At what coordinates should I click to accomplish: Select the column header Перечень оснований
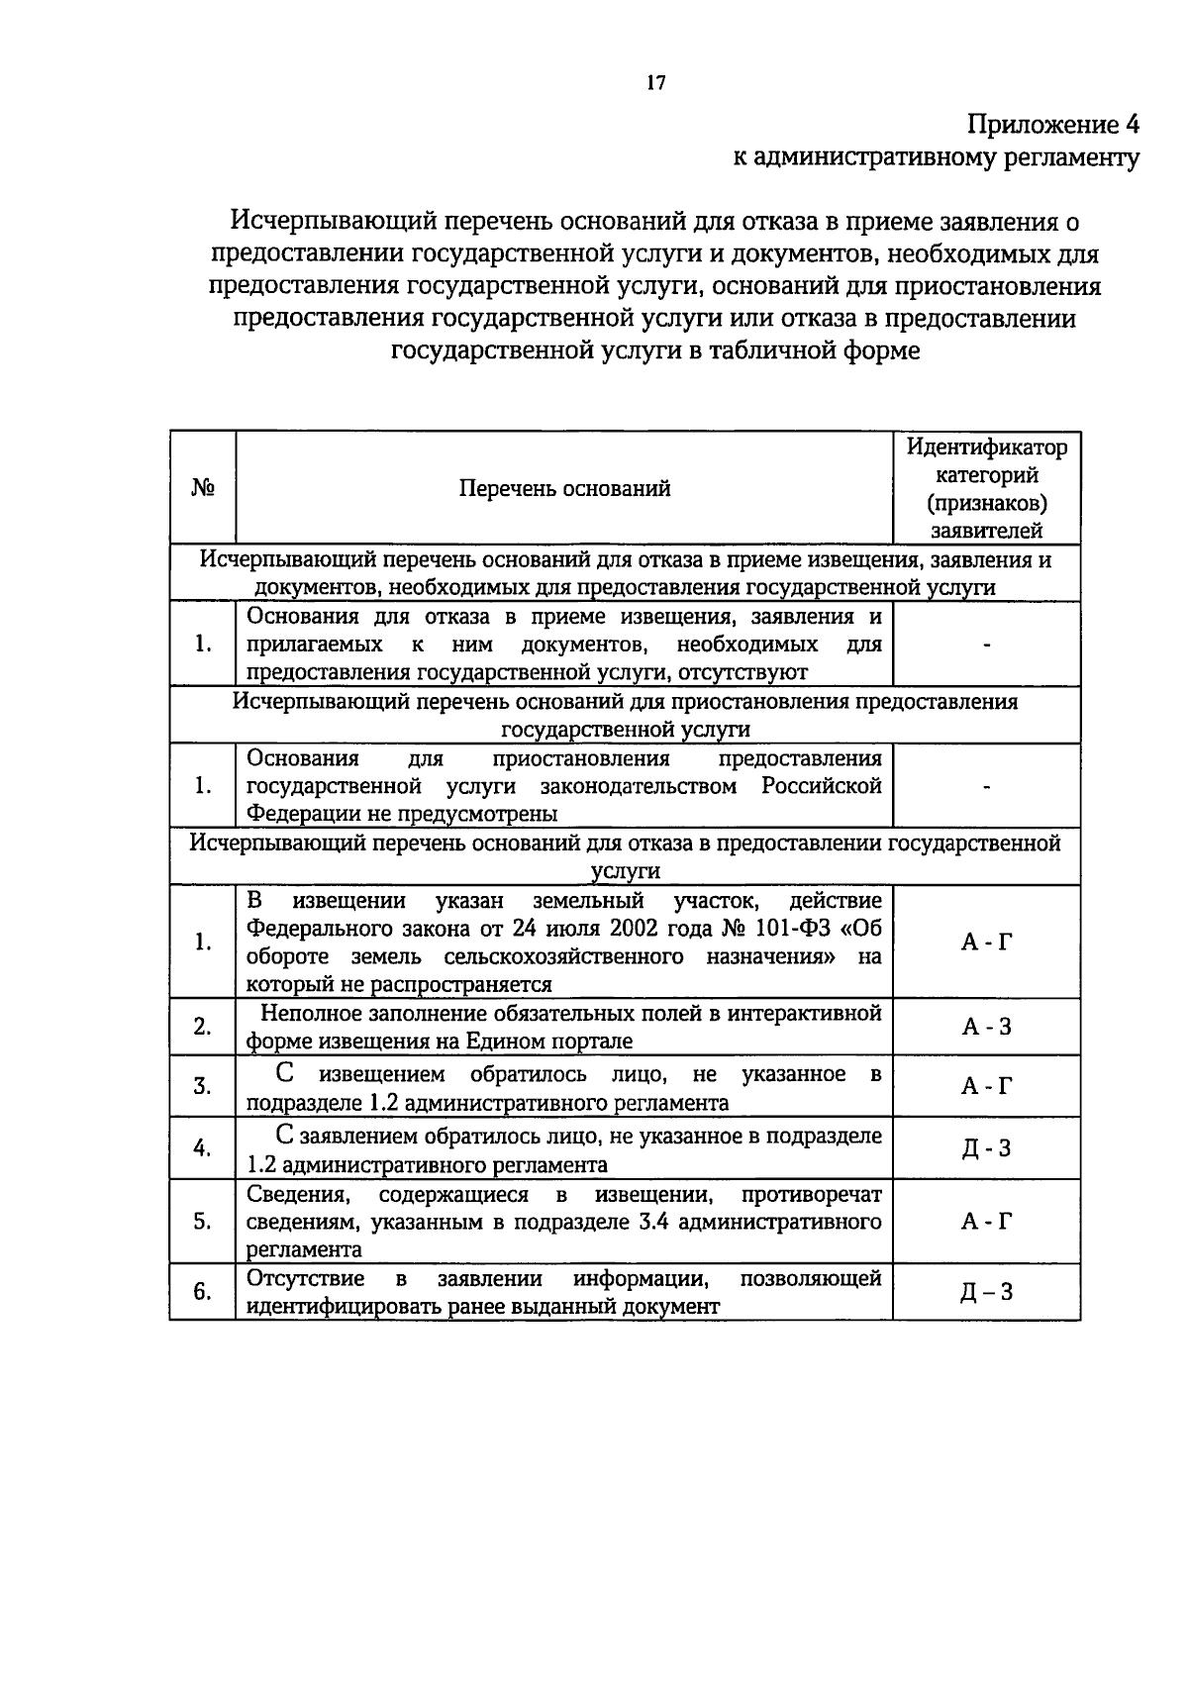(x=564, y=488)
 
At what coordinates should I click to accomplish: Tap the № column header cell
(x=203, y=488)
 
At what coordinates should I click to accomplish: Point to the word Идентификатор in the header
(x=987, y=447)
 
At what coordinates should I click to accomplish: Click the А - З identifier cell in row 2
(x=986, y=1027)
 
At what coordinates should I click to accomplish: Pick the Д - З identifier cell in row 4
(x=986, y=1148)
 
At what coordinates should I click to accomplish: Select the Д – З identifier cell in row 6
(x=986, y=1292)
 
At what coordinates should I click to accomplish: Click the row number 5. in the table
(x=203, y=1222)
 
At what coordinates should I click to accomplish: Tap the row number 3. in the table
(x=203, y=1087)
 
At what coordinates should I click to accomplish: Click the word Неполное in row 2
(x=309, y=1014)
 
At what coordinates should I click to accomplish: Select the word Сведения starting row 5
(x=297, y=1194)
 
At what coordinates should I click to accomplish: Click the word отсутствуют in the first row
(x=739, y=672)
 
